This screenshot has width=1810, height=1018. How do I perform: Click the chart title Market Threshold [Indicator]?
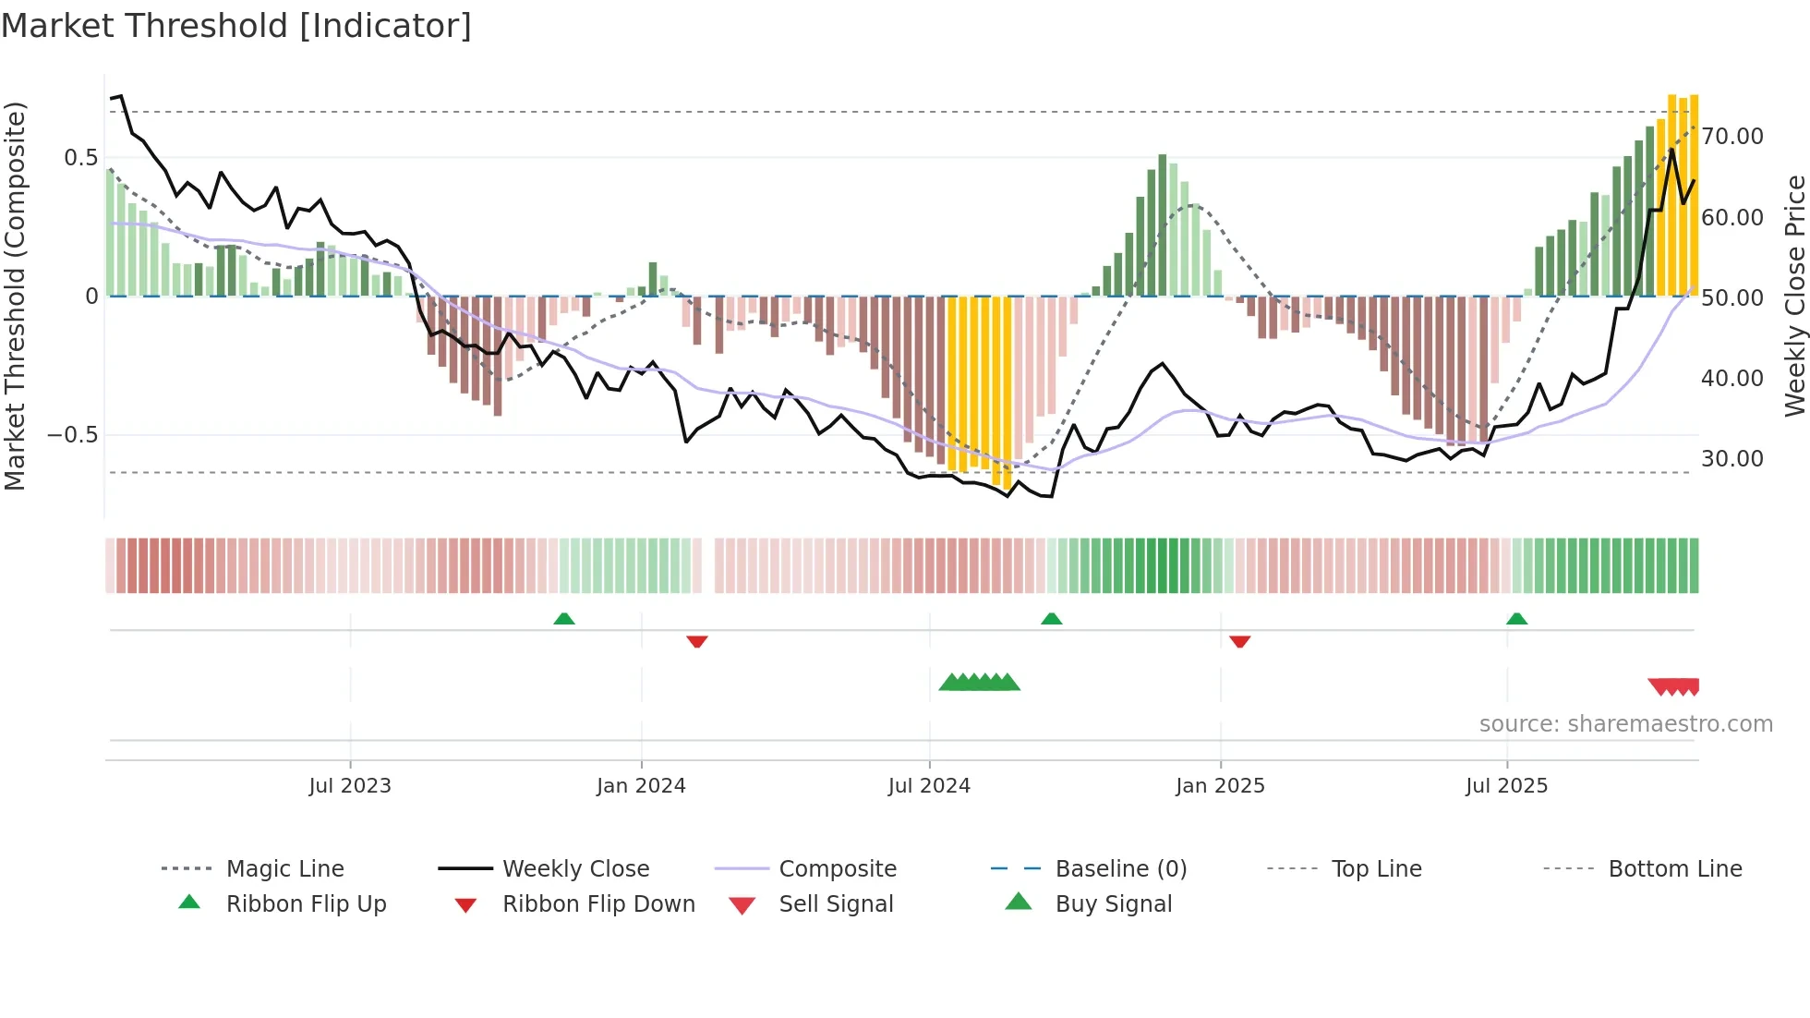236,26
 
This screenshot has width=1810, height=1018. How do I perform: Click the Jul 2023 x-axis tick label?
350,786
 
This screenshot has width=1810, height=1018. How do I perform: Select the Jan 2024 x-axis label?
641,786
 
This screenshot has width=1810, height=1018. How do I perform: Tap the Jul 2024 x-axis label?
929,786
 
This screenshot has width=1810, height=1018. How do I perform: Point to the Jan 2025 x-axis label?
1220,786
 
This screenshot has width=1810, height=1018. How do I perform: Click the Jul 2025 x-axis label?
1506,786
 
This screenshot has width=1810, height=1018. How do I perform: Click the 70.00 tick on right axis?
1732,137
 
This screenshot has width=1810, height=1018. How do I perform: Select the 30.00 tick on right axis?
1732,459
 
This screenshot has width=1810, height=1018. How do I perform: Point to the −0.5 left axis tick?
73,435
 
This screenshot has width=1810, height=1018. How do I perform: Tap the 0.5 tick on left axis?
80,158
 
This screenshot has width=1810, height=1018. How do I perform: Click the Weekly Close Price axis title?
1794,296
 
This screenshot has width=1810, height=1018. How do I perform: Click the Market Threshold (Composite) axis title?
15,296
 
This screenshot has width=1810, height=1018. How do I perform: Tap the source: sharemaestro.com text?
1625,724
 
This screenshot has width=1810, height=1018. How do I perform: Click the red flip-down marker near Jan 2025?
1240,641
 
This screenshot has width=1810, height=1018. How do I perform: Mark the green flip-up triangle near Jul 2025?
1516,619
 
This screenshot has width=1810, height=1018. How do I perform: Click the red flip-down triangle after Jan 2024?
697,641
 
